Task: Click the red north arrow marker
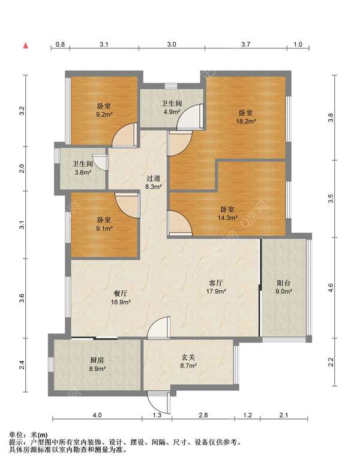(x=26, y=46)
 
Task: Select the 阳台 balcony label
(x=283, y=283)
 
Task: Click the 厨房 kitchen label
(x=97, y=360)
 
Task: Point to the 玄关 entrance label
(x=188, y=357)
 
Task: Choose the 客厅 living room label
(x=216, y=283)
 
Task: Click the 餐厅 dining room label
(x=121, y=293)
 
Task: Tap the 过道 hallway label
(x=154, y=179)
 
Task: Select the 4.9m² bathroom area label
(x=172, y=112)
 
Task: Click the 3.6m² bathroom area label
(x=83, y=172)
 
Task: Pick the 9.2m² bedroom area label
(x=104, y=115)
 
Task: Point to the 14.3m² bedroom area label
(x=227, y=218)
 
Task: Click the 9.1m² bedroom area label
(x=104, y=228)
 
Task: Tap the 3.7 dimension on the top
(x=246, y=44)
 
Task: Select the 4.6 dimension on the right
(x=331, y=288)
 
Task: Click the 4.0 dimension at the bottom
(x=97, y=415)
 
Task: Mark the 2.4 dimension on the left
(x=22, y=365)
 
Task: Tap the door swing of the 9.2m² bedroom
(x=124, y=135)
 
